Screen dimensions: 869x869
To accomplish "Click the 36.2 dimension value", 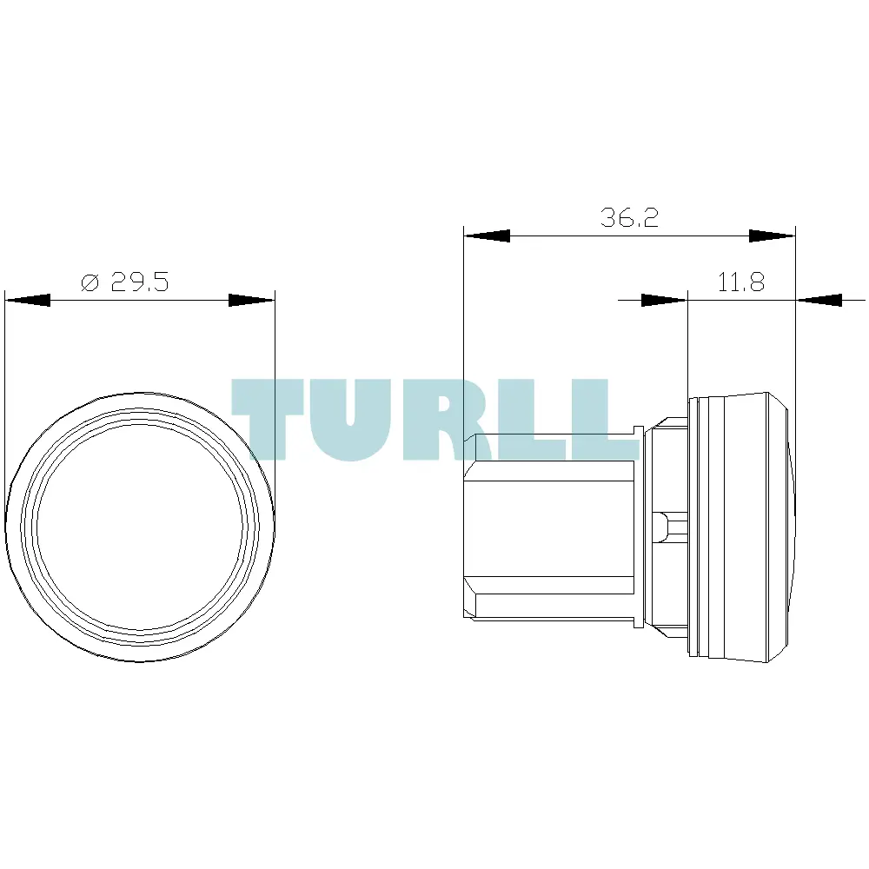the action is [629, 218].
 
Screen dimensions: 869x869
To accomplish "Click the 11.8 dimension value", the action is [741, 282].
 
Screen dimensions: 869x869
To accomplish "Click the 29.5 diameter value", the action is [140, 282].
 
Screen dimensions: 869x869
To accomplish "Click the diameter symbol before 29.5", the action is [90, 282].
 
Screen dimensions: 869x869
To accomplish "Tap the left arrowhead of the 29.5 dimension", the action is [28, 301].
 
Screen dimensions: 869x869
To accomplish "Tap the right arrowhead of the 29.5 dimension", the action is [252, 301].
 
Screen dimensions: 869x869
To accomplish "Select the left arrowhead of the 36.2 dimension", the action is [487, 236].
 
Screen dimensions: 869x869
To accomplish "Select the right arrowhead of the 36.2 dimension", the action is [772, 236].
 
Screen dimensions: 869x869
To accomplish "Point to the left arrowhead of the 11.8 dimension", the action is [664, 301].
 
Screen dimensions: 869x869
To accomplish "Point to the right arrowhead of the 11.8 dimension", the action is [819, 301].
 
